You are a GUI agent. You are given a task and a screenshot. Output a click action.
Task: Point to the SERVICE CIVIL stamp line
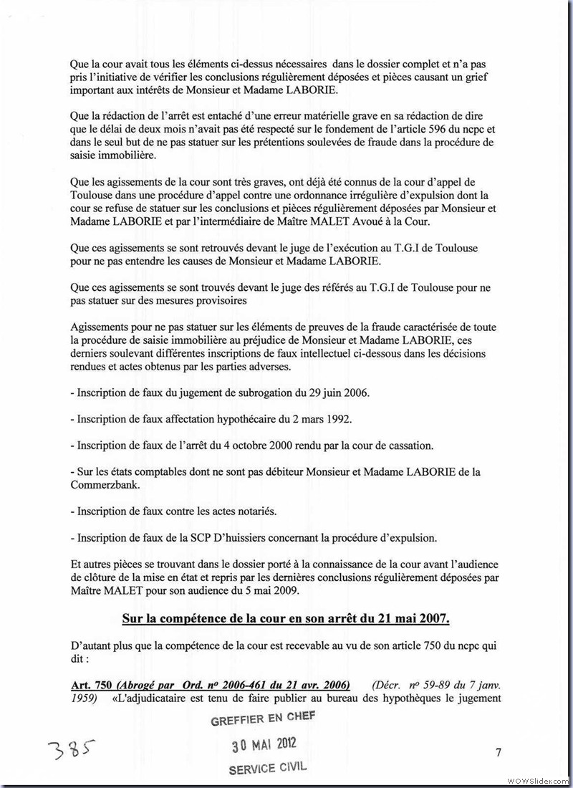click(x=267, y=768)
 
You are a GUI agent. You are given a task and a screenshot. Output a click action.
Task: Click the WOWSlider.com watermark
click(x=537, y=779)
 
